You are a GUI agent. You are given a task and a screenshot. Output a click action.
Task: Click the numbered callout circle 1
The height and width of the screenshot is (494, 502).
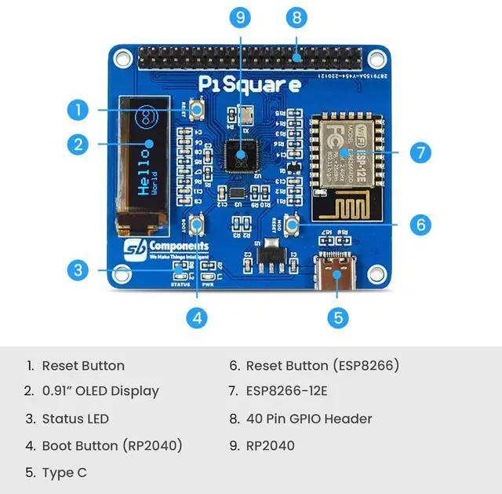tap(77, 109)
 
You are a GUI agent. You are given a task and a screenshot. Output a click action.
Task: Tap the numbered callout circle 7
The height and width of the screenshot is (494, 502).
tap(421, 152)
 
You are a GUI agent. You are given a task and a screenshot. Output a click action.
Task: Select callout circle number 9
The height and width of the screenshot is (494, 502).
tap(240, 16)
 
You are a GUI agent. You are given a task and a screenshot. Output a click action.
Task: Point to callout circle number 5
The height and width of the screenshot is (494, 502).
tap(338, 317)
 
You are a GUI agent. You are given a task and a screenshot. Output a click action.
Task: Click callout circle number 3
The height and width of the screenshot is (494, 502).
tap(77, 270)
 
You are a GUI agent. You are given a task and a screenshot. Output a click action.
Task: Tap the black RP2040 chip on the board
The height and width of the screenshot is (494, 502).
tap(240, 156)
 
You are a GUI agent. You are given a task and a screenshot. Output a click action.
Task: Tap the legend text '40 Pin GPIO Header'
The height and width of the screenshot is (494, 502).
tap(308, 419)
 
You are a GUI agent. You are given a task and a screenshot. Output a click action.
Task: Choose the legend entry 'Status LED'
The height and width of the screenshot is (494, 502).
tap(75, 419)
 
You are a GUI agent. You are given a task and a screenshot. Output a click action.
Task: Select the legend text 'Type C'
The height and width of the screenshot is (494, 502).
tap(64, 472)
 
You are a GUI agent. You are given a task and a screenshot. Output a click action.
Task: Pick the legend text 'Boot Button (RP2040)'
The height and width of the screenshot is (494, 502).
tap(111, 445)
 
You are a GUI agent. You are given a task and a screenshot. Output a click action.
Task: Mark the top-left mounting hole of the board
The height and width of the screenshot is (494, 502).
tap(122, 57)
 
